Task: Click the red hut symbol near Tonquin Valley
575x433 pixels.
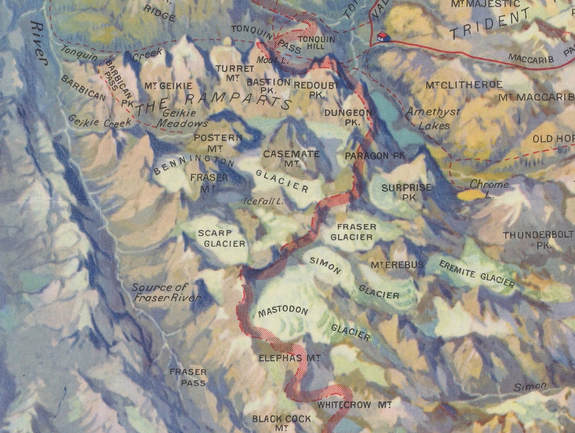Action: [383, 36]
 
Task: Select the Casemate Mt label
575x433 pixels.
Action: [292, 158]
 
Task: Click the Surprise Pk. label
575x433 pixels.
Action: [407, 193]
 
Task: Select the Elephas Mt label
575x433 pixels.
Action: [290, 358]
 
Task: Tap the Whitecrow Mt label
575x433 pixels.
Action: [354, 405]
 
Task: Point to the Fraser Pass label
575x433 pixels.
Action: [188, 377]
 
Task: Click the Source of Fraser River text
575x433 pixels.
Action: [166, 292]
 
